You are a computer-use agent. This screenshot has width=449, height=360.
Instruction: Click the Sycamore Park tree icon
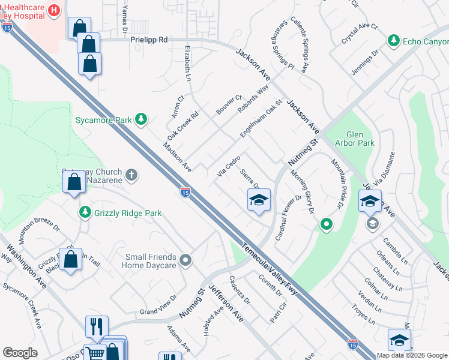click(141, 119)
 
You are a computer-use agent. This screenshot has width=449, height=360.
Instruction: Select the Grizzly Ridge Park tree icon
click(85, 212)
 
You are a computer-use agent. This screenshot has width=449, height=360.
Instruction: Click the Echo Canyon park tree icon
click(394, 41)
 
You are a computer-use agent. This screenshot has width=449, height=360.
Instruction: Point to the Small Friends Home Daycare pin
click(185, 260)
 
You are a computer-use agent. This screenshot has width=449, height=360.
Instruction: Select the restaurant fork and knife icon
click(96, 326)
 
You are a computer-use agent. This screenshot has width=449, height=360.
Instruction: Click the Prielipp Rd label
click(148, 40)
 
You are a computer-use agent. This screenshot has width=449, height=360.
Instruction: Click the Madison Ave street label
click(178, 157)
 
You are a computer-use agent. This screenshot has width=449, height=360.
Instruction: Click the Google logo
click(20, 353)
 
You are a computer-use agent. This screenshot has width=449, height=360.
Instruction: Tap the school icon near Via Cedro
click(259, 200)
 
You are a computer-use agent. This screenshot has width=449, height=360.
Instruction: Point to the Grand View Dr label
click(158, 306)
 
